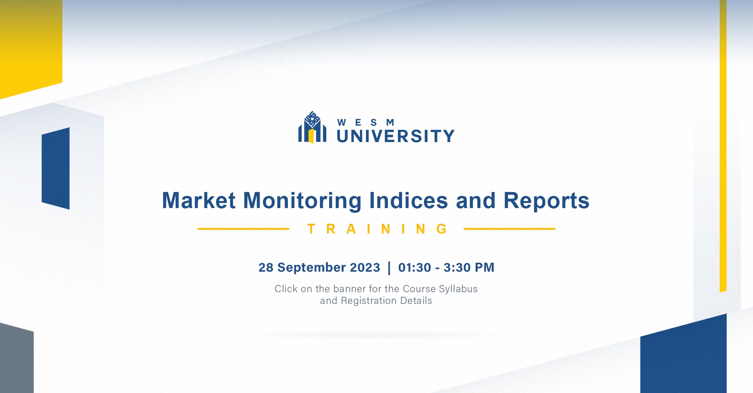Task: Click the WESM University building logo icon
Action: pyautogui.click(x=312, y=127)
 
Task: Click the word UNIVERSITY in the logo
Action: pyautogui.click(x=396, y=136)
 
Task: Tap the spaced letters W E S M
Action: pyautogui.click(x=366, y=122)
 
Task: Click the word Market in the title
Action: pyautogui.click(x=199, y=200)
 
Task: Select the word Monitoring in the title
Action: pyautogui.click(x=302, y=201)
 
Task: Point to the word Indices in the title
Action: pyautogui.click(x=409, y=200)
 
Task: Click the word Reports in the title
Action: pyautogui.click(x=546, y=201)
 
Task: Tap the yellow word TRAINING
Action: pyautogui.click(x=377, y=229)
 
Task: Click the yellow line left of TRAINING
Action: pyautogui.click(x=243, y=229)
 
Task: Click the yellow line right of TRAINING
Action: pyautogui.click(x=509, y=229)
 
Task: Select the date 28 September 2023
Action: pyautogui.click(x=319, y=267)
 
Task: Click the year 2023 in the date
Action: pyautogui.click(x=365, y=267)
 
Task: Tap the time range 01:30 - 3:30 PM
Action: pyautogui.click(x=446, y=267)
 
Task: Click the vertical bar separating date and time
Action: pyautogui.click(x=389, y=268)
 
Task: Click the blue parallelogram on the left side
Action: pyautogui.click(x=56, y=168)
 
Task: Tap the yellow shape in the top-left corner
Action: pyautogui.click(x=31, y=47)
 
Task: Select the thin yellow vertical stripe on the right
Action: pyautogui.click(x=723, y=146)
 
